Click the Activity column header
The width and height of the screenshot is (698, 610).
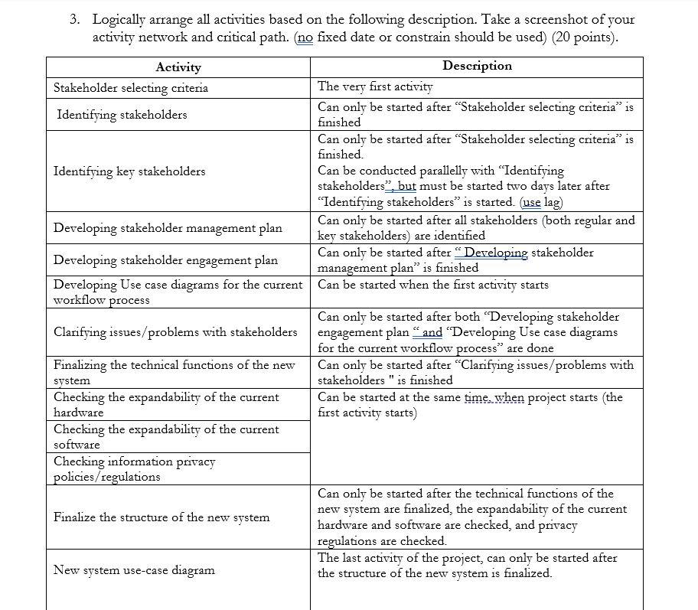178,67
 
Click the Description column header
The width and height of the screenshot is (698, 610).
476,66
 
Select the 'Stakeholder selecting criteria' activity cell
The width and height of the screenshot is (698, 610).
130,88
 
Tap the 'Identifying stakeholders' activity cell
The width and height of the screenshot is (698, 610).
122,115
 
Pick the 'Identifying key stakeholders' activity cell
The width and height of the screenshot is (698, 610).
129,171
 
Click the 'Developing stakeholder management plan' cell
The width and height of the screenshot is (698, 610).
168,228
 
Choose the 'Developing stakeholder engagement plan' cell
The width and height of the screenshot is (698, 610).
165,260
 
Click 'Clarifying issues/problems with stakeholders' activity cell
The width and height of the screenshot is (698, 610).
175,331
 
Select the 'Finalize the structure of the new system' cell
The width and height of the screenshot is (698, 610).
161,517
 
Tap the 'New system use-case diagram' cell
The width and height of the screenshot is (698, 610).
134,570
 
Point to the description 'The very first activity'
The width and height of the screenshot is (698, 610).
375,87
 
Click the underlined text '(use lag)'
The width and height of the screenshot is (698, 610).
540,202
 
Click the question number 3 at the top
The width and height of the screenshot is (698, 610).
73,20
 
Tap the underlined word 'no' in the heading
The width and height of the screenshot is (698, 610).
304,37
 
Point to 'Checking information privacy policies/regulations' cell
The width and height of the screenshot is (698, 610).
134,468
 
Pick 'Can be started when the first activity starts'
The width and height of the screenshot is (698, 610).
432,285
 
